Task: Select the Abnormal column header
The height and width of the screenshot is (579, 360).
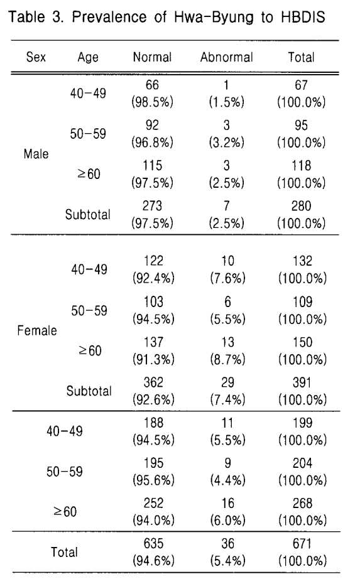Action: coord(227,57)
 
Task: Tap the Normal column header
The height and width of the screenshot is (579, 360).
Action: coord(152,57)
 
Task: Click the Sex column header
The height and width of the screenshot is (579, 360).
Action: coord(36,57)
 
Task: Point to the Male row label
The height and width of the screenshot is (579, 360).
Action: coord(36,154)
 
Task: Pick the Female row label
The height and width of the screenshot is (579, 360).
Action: coord(37,330)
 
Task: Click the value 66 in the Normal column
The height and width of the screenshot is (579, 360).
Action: coord(152,85)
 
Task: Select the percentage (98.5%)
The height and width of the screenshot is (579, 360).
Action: coord(152,102)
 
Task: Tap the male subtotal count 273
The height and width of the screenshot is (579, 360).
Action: coord(152,206)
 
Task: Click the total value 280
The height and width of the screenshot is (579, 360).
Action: coord(301,206)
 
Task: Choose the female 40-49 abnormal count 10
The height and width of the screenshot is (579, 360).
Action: coord(227,261)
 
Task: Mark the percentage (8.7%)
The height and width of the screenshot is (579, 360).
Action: coord(227,359)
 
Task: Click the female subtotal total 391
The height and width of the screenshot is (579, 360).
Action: coord(302,382)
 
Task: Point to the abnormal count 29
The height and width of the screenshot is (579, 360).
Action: coord(227,382)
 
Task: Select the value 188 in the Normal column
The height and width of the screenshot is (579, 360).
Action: coord(153,423)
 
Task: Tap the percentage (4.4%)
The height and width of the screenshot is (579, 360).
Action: coord(227,480)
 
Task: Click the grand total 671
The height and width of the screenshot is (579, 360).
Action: coord(302,544)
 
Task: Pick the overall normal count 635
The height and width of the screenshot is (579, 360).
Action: coord(153,544)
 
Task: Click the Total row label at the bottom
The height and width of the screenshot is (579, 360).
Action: coord(64,552)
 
